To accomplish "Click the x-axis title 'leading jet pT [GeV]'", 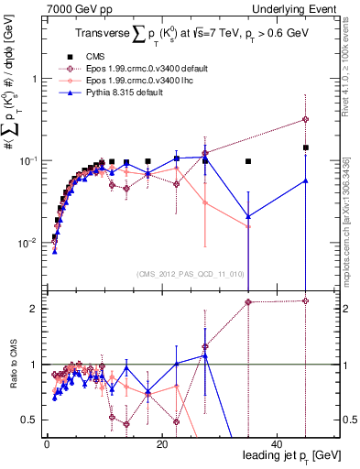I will coord(290,455).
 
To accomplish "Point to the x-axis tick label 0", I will coord(47,442).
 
